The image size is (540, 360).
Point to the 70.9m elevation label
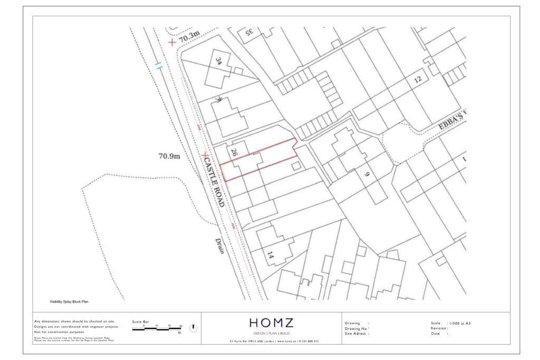coord(170,156)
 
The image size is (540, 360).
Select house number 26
coord(234,153)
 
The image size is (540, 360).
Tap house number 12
coord(418,80)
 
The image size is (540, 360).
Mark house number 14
coord(271,257)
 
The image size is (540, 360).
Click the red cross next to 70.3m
coord(171,42)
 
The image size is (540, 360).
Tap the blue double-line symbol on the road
coord(159,66)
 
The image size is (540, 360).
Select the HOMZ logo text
coord(271,323)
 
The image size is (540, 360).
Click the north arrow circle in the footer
coord(193,328)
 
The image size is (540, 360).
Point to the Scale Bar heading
coord(140,321)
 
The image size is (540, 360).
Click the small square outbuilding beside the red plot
coord(296,166)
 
